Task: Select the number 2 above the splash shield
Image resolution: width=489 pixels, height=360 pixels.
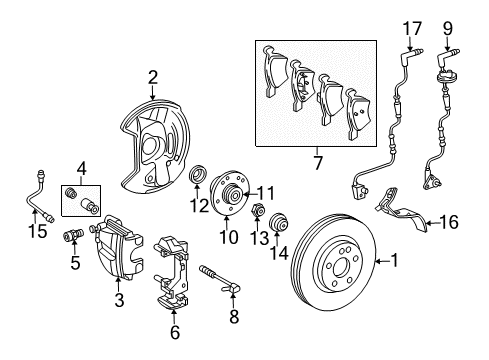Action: [153, 76]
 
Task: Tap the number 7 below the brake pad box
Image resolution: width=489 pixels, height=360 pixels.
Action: [318, 160]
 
